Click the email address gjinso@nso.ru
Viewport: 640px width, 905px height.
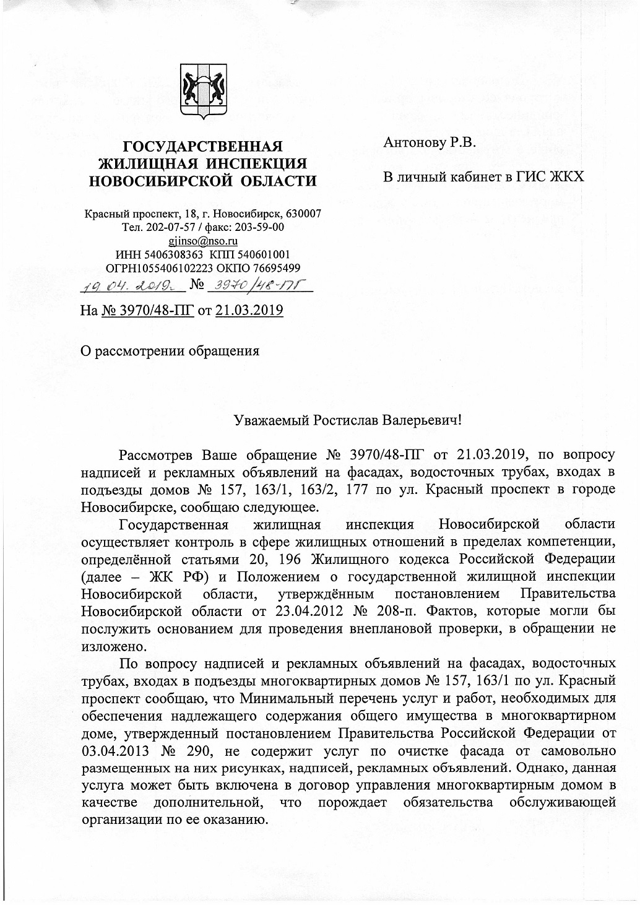(202, 241)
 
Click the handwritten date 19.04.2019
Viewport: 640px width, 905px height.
(126, 285)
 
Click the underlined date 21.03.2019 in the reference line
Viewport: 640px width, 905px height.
(249, 310)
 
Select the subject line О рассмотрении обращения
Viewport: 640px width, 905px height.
(171, 351)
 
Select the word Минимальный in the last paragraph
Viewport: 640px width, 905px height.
(290, 699)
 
